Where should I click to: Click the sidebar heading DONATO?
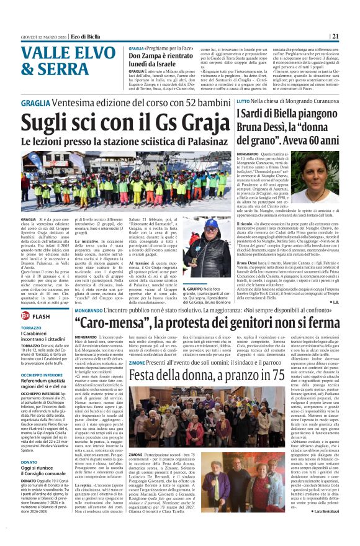[x=30, y=462]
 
